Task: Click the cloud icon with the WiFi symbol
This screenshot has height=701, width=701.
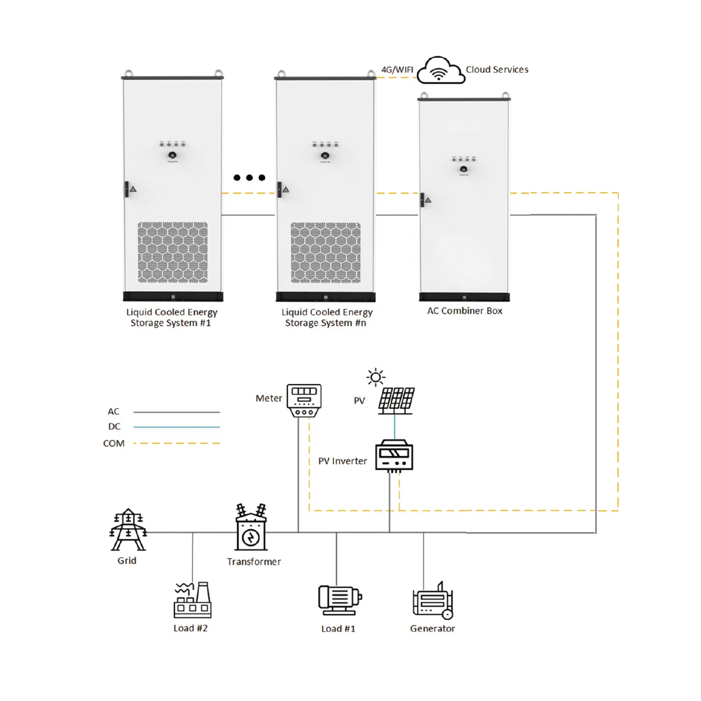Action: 440,71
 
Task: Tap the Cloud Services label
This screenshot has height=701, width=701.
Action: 496,69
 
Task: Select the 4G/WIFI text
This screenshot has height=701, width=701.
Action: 396,69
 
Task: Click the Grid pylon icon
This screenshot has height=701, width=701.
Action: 128,530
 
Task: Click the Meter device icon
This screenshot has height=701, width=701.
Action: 304,400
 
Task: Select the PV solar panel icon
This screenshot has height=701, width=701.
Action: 396,400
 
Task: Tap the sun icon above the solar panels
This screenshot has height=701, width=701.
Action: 375,377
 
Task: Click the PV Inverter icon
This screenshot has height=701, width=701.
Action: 394,456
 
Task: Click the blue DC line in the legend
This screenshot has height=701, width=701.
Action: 176,427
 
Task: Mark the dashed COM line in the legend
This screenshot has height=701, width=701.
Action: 176,443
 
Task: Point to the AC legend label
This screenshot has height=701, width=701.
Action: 114,411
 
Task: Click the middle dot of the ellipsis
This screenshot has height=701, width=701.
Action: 249,177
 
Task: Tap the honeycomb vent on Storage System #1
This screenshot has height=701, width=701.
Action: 173,252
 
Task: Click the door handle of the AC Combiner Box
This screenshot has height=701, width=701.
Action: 422,200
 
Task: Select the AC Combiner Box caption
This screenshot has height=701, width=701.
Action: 464,311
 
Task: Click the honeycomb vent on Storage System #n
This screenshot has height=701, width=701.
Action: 326,252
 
